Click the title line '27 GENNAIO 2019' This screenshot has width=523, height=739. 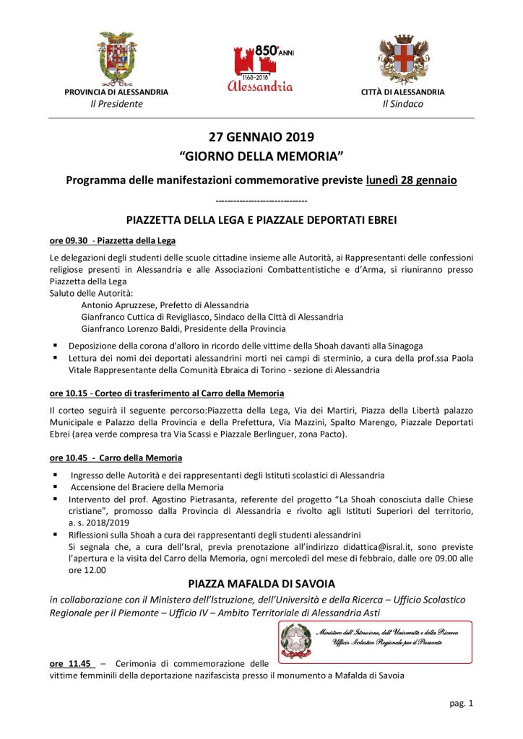click(261, 136)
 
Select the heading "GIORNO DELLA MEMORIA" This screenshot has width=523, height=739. click(261, 156)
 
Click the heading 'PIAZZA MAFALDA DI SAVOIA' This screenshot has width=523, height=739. click(261, 584)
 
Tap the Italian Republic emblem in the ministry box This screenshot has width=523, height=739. click(295, 639)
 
